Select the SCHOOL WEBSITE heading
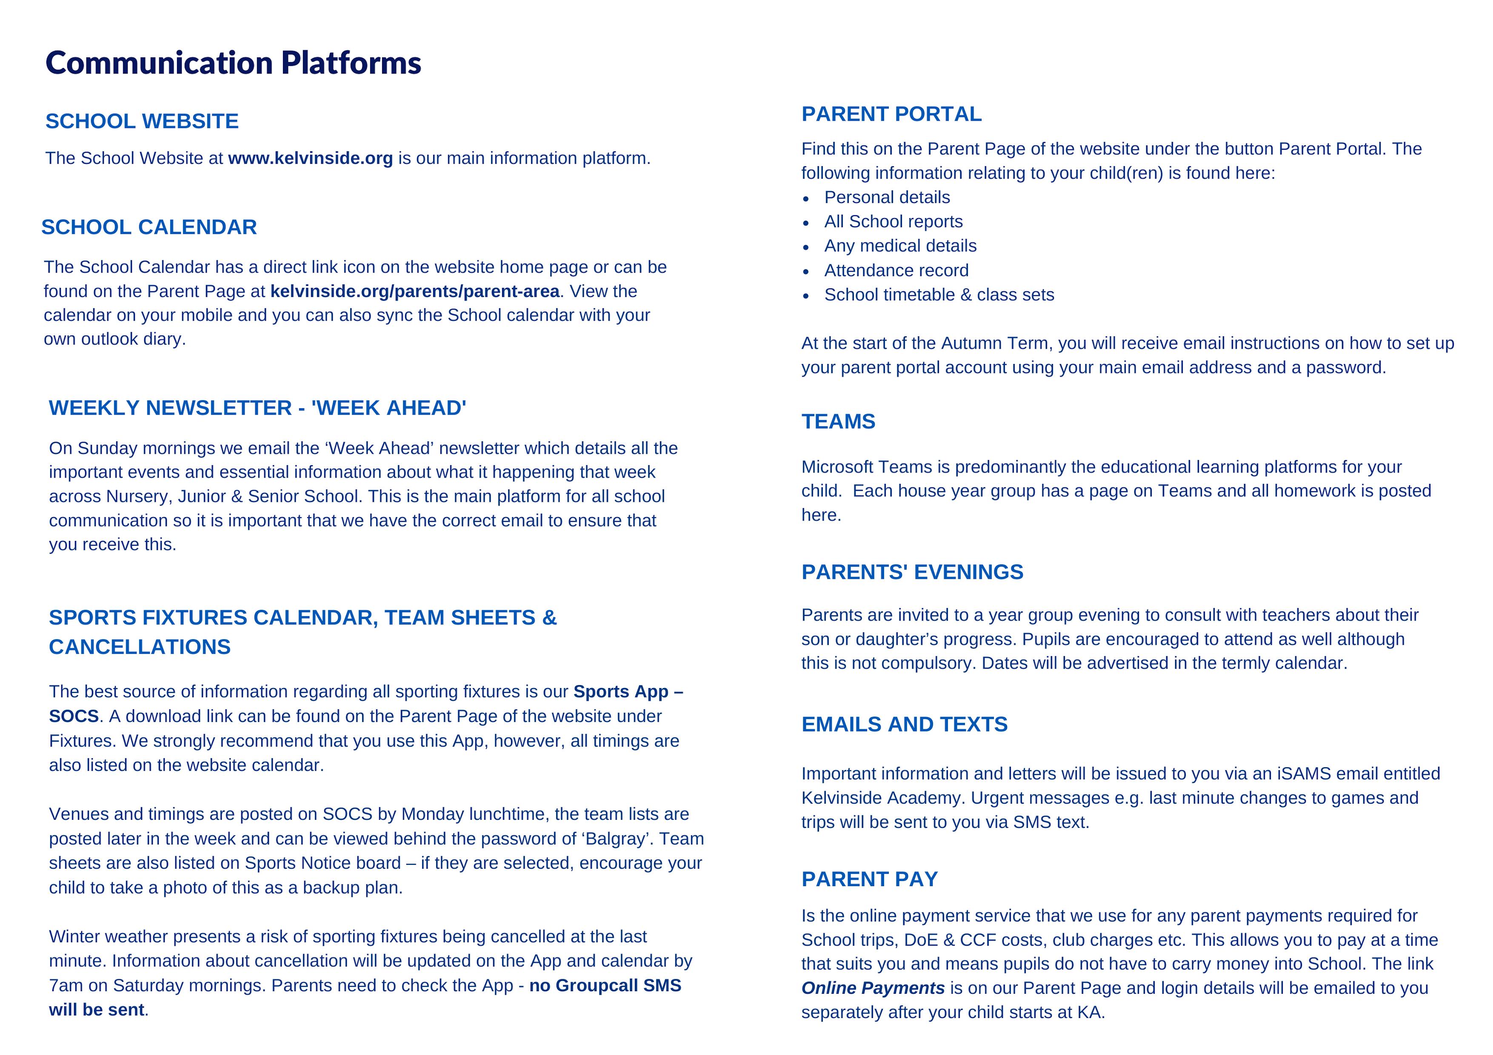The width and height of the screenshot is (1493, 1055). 142,122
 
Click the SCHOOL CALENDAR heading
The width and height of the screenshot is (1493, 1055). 149,227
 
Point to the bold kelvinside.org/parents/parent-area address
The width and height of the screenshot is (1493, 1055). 414,291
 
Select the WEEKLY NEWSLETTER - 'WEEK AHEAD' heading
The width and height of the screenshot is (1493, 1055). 257,408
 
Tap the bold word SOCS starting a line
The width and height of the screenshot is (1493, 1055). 74,717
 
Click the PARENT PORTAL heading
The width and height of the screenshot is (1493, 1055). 891,114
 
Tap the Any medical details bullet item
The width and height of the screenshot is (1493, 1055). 900,246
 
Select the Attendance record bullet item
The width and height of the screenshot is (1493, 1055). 896,270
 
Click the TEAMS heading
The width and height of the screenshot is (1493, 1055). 838,422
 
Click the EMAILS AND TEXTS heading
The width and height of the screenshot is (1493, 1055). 904,724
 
